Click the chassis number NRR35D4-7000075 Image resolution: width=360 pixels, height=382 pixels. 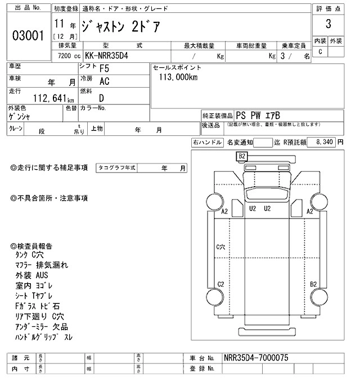(255, 357)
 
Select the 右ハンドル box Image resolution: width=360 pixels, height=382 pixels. (207, 143)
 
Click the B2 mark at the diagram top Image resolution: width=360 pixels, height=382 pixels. (242, 156)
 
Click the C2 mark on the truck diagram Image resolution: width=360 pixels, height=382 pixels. (221, 284)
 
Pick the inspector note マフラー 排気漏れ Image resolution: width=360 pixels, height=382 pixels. (40, 265)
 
